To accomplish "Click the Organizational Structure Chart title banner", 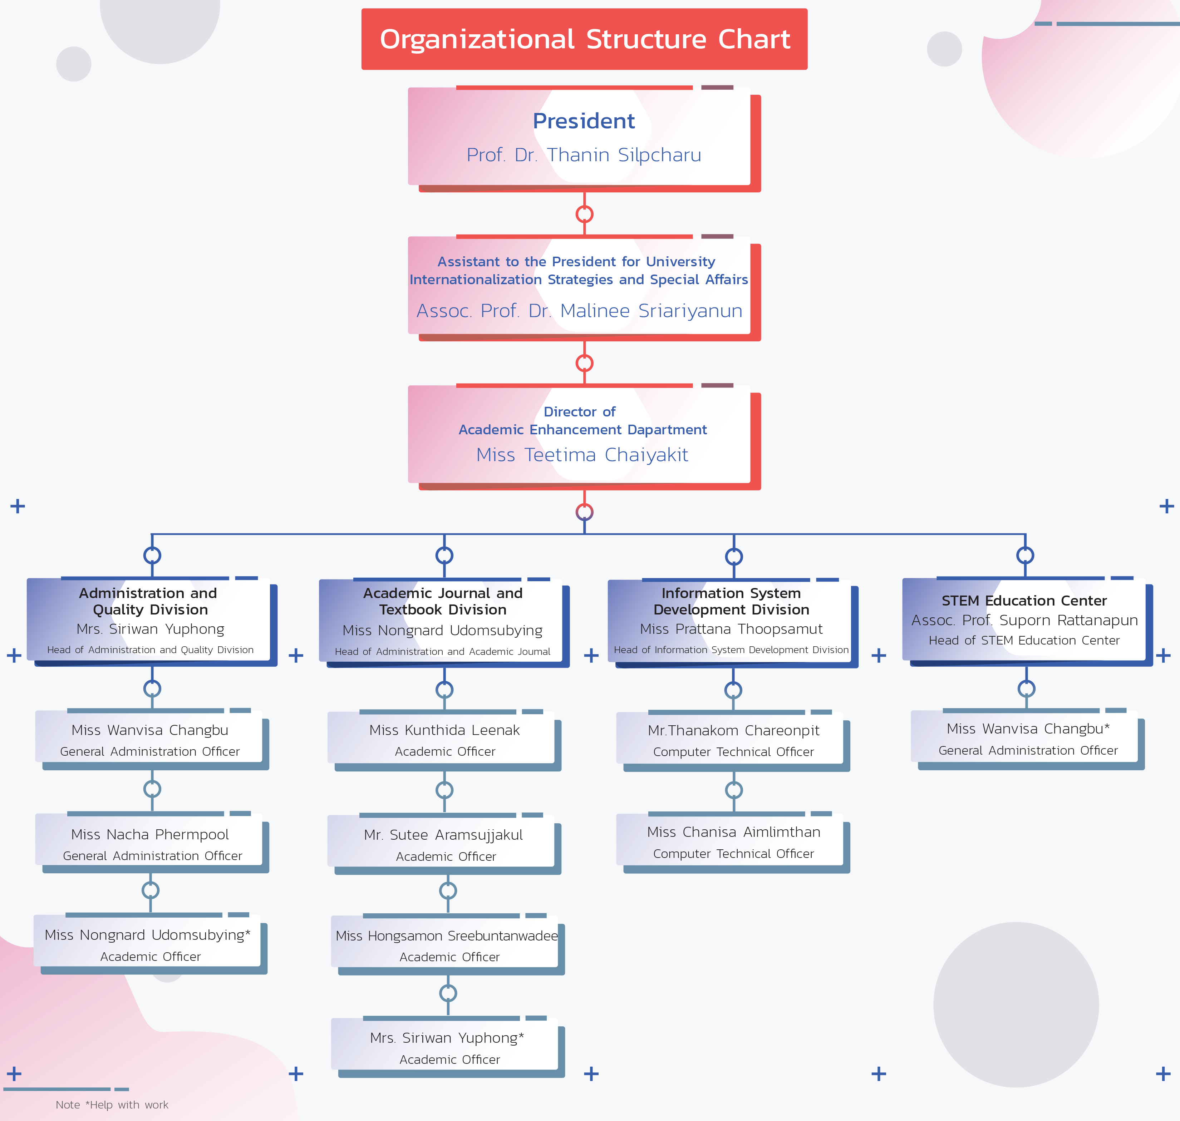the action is pyautogui.click(x=584, y=39).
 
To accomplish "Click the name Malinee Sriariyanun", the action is pyautogui.click(x=651, y=311).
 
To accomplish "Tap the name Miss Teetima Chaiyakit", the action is pyautogui.click(x=582, y=455).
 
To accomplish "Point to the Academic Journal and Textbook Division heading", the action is pyautogui.click(x=443, y=601).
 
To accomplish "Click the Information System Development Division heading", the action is pyautogui.click(x=731, y=601).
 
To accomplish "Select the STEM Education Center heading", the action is pyautogui.click(x=1024, y=601).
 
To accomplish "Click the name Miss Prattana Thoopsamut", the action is pyautogui.click(x=731, y=629).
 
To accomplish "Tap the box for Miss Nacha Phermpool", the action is pyautogui.click(x=152, y=843).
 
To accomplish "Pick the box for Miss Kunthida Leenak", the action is pyautogui.click(x=444, y=741).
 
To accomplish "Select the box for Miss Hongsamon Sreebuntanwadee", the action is pyautogui.click(x=448, y=945).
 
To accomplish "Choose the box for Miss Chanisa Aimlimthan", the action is pyautogui.click(x=733, y=843).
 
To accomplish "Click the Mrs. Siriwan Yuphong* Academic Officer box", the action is pyautogui.click(x=448, y=1047).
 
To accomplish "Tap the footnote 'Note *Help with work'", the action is pyautogui.click(x=112, y=1105).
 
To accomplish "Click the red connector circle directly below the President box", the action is pyautogui.click(x=584, y=214).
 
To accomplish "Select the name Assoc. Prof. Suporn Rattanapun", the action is pyautogui.click(x=1024, y=620).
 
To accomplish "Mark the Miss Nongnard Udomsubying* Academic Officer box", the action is pyautogui.click(x=150, y=944).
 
